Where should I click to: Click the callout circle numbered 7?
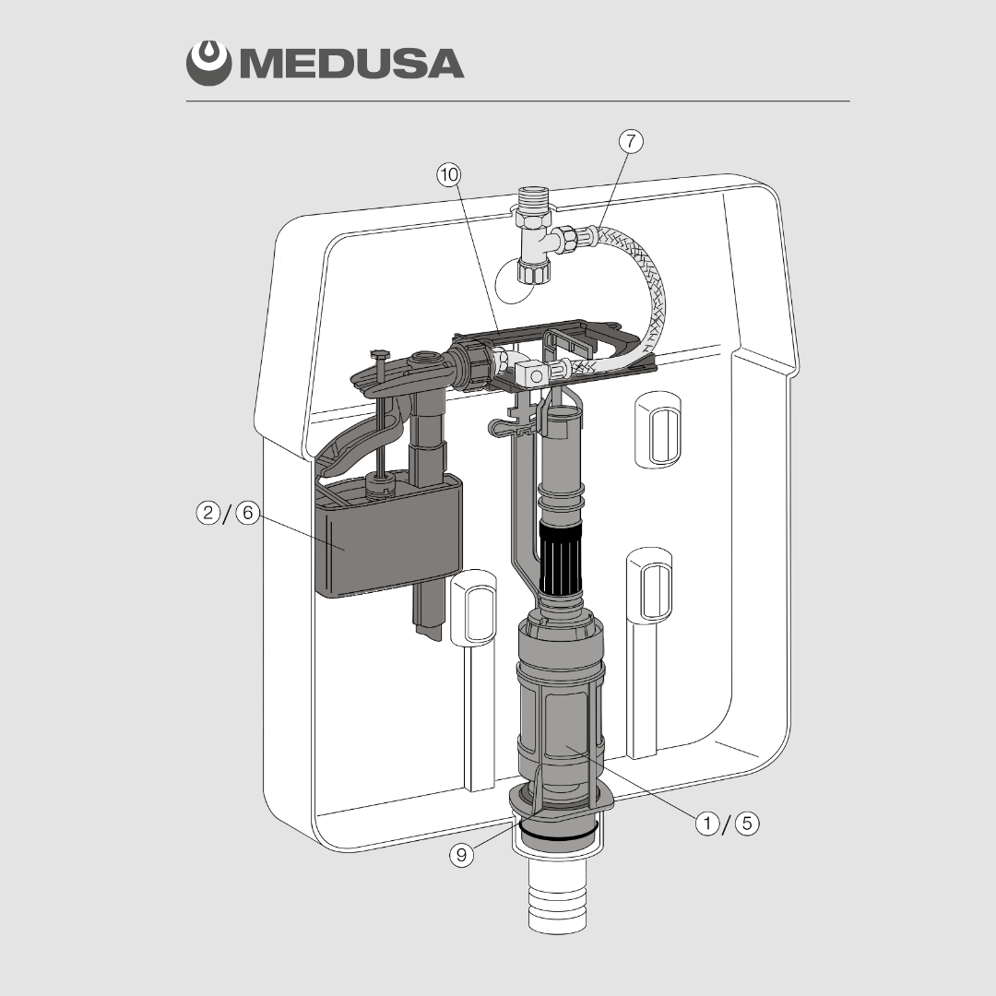click(631, 141)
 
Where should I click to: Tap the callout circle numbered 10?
click(449, 174)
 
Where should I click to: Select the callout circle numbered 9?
click(462, 854)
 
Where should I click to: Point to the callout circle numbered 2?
click(208, 512)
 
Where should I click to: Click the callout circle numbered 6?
click(248, 512)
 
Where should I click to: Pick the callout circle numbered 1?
click(707, 824)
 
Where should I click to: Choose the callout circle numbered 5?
click(747, 824)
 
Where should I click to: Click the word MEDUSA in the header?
click(352, 64)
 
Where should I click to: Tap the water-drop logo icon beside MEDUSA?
click(208, 63)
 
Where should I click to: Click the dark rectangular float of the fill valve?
click(388, 537)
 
